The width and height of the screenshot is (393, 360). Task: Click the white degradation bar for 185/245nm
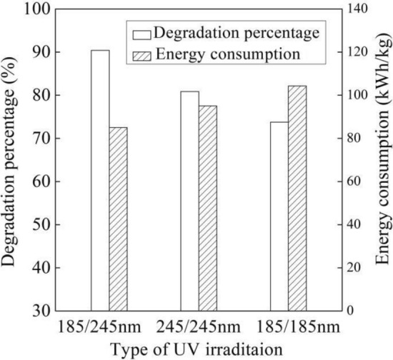click(100, 181)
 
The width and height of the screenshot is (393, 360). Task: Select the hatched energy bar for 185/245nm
click(118, 219)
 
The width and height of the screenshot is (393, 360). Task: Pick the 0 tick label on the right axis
click(352, 311)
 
